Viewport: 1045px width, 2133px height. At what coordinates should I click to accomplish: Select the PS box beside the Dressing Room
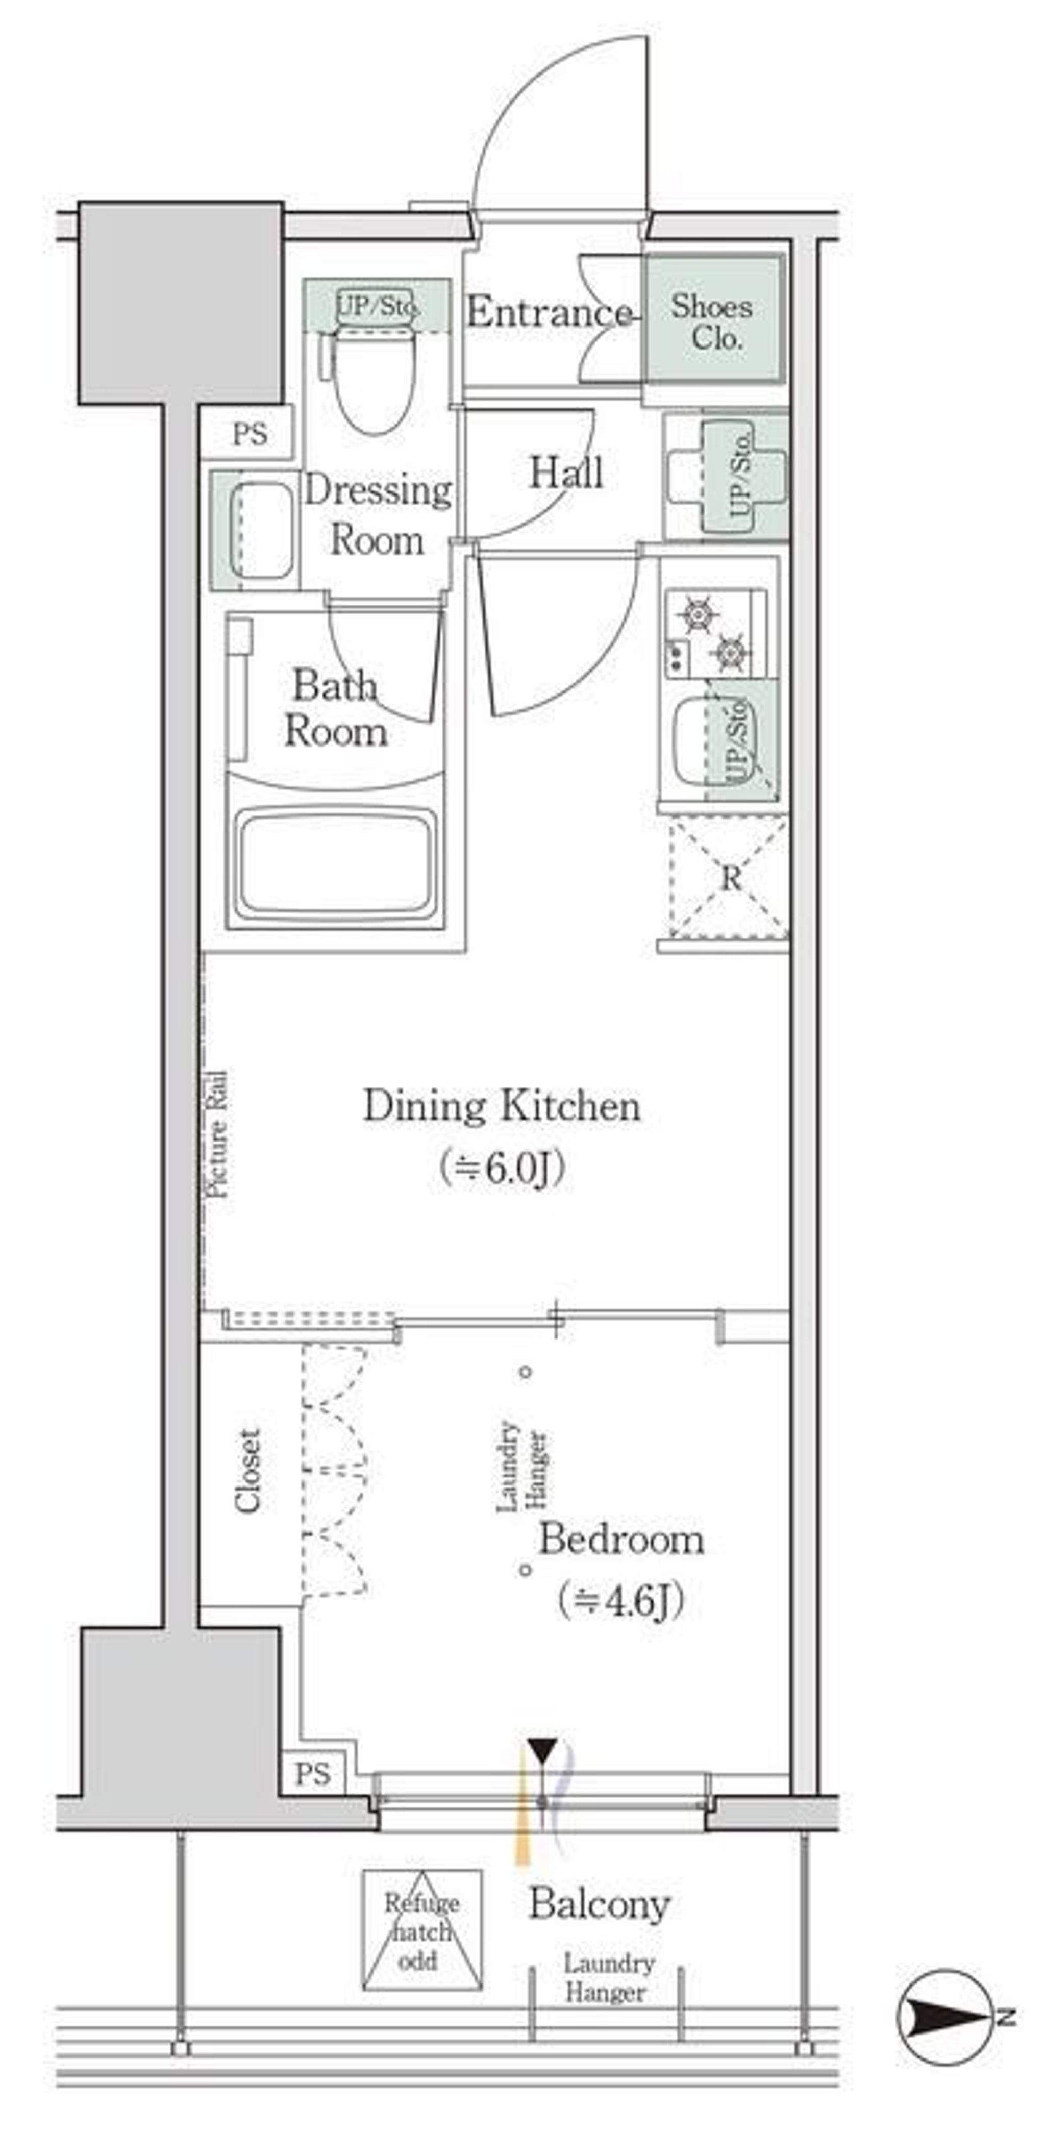pyautogui.click(x=248, y=432)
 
